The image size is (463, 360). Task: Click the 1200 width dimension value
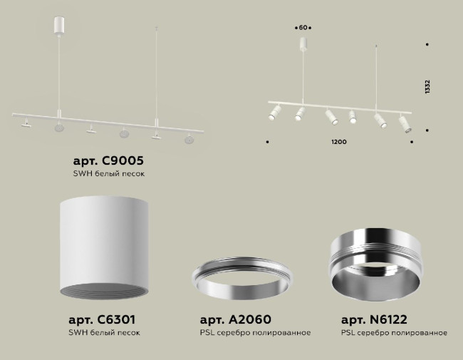(x=339, y=142)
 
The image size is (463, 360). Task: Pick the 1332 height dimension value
(x=427, y=87)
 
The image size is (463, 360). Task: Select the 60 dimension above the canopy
(x=303, y=27)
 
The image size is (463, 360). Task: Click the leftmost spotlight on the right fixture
(x=274, y=112)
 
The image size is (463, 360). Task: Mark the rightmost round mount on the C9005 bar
(x=189, y=139)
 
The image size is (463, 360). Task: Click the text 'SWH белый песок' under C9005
(x=114, y=174)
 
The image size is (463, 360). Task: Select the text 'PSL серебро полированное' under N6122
(x=394, y=333)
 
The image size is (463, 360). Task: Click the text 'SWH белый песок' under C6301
(x=104, y=333)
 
